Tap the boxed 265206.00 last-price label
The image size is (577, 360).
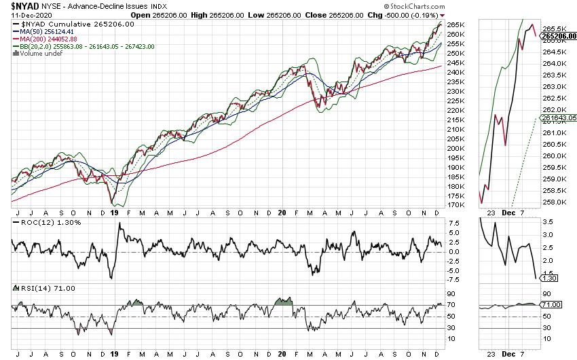pos(557,35)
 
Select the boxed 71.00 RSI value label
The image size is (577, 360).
pos(551,306)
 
